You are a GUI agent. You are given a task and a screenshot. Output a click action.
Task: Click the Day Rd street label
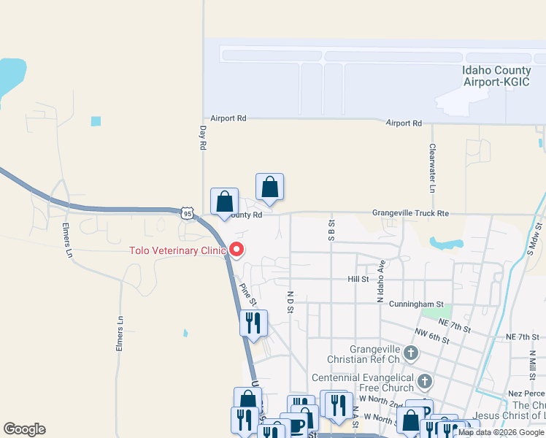coord(202,137)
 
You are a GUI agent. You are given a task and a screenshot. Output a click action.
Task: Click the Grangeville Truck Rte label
coord(410,213)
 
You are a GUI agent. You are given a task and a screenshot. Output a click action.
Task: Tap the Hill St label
coord(358,279)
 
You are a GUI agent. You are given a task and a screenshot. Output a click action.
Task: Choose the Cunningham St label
coord(416,304)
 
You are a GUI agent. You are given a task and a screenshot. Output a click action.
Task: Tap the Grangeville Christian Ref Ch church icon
coord(411,354)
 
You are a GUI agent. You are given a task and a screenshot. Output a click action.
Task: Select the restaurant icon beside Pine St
coord(253,323)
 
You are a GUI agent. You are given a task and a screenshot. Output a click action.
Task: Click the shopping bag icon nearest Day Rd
coord(225,201)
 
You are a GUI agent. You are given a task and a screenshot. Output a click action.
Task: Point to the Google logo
coord(25,429)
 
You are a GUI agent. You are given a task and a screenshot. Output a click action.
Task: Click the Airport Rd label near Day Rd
coord(228,118)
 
